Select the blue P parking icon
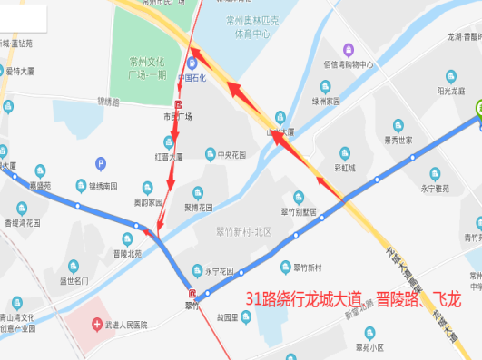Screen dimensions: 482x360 point(101,162)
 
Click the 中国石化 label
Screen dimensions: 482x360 point(192,77)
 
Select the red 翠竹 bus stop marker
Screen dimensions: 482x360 point(192,293)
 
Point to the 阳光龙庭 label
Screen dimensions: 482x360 point(450,91)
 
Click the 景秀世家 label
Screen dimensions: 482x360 point(398,140)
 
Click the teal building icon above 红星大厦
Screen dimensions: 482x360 point(169,141)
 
